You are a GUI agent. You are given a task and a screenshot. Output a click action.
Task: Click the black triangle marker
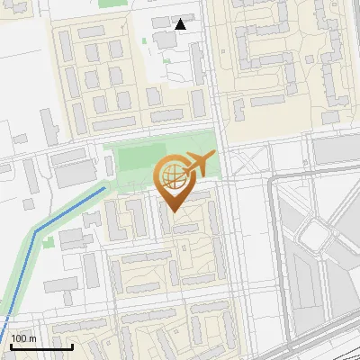tap(181, 24)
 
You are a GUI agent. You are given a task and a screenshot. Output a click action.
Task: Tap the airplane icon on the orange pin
tap(199, 164)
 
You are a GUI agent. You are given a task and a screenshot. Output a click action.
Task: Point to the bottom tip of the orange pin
tap(173, 211)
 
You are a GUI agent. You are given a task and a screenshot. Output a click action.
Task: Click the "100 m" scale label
tap(23, 337)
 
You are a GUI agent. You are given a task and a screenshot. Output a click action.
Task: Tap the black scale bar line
tap(41, 346)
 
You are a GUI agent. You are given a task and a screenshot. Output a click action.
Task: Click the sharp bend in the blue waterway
tap(36, 231)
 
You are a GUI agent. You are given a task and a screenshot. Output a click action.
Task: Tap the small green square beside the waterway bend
tap(69, 240)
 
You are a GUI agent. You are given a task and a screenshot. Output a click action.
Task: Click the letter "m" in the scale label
tap(31, 337)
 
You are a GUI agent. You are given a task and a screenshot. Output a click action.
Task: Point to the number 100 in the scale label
tap(19, 337)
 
